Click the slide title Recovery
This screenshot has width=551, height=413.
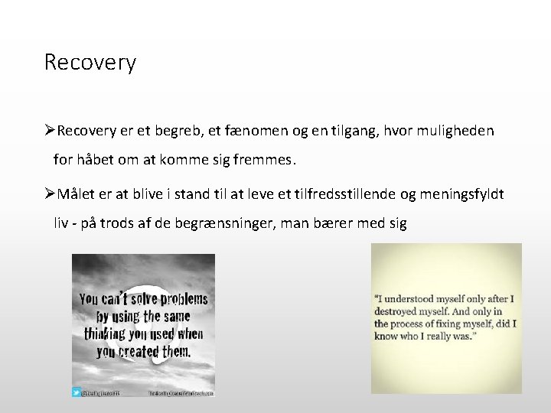[x=90, y=62]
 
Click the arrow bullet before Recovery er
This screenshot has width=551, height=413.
[x=50, y=132]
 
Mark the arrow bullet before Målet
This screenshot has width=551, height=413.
[x=50, y=194]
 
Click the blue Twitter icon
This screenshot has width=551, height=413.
[x=77, y=392]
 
